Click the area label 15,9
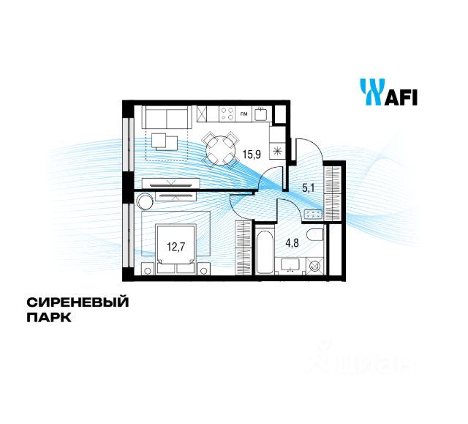pos(253,155)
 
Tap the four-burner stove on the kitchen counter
pos(227,114)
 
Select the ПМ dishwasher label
pos(244,114)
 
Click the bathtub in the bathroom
pos(265,253)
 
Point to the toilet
pos(316,236)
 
